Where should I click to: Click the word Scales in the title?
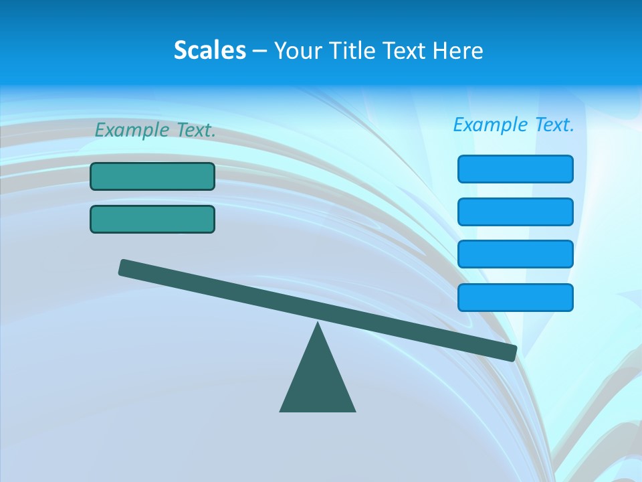209,50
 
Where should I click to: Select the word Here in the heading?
458,50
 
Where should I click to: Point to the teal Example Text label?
155,130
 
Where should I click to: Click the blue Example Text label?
514,125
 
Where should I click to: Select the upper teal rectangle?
152,176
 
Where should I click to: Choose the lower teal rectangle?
152,219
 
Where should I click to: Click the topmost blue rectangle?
515,169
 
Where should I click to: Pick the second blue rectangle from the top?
515,212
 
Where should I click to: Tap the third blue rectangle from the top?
515,254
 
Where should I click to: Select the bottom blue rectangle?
515,297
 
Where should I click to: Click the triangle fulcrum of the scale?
318,382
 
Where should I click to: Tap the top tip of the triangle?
318,325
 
